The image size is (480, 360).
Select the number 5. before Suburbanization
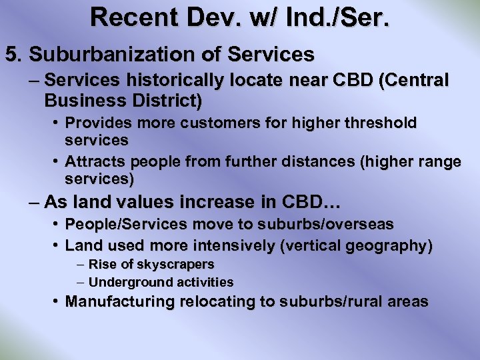pyautogui.click(x=13, y=53)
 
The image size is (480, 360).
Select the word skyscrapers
pyautogui.click(x=177, y=265)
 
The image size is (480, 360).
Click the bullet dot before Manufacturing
pyautogui.click(x=57, y=301)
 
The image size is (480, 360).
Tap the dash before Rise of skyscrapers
pyautogui.click(x=80, y=265)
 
